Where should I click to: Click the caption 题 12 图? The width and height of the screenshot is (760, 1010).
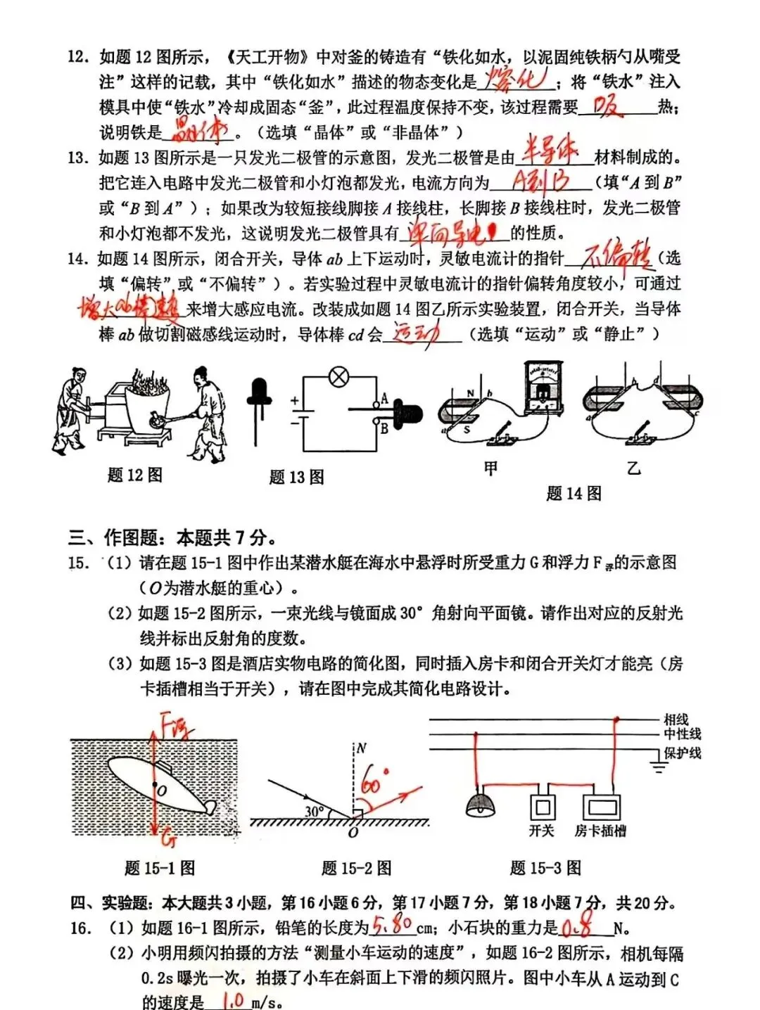134,475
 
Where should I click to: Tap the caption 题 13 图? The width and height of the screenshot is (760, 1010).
296,478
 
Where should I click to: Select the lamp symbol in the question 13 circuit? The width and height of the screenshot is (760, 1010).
339,378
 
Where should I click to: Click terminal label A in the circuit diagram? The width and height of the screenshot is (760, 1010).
384,399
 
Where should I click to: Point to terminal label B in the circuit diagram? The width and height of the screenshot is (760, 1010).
384,427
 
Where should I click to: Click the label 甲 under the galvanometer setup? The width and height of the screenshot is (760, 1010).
490,468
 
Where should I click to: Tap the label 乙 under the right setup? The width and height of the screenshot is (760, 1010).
633,468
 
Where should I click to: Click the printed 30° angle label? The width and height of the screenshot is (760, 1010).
315,812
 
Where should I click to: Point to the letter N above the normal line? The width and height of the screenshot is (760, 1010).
362,748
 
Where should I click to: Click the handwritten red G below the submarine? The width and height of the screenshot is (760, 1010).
167,838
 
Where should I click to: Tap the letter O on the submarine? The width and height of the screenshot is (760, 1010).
162,791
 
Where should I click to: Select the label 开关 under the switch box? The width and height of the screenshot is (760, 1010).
541,831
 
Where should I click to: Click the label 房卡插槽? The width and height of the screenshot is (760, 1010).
600,831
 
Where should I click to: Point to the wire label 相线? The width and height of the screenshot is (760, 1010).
676,719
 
